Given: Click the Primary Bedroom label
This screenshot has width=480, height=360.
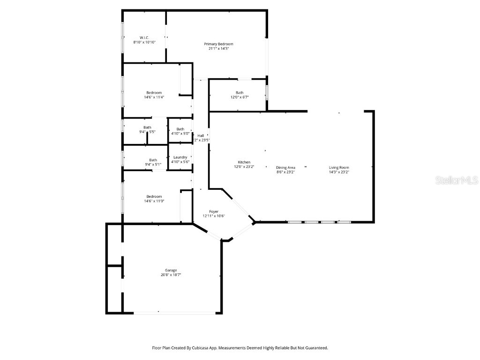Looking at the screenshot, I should [218, 44].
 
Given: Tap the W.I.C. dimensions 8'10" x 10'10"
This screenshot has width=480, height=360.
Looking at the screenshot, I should [144, 42].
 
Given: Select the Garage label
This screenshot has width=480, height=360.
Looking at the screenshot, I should [171, 270].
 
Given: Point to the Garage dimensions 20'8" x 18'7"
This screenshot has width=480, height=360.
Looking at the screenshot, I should [171, 275].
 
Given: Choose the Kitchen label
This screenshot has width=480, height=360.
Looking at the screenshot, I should [244, 162].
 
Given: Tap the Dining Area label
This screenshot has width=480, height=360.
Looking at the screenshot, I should [285, 167].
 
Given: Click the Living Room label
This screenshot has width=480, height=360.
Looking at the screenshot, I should [339, 167].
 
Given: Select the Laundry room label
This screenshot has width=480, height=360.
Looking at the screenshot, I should [180, 157].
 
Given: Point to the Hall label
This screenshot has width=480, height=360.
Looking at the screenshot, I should [201, 135].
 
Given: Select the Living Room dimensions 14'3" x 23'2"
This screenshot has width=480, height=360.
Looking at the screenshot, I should [339, 172].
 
